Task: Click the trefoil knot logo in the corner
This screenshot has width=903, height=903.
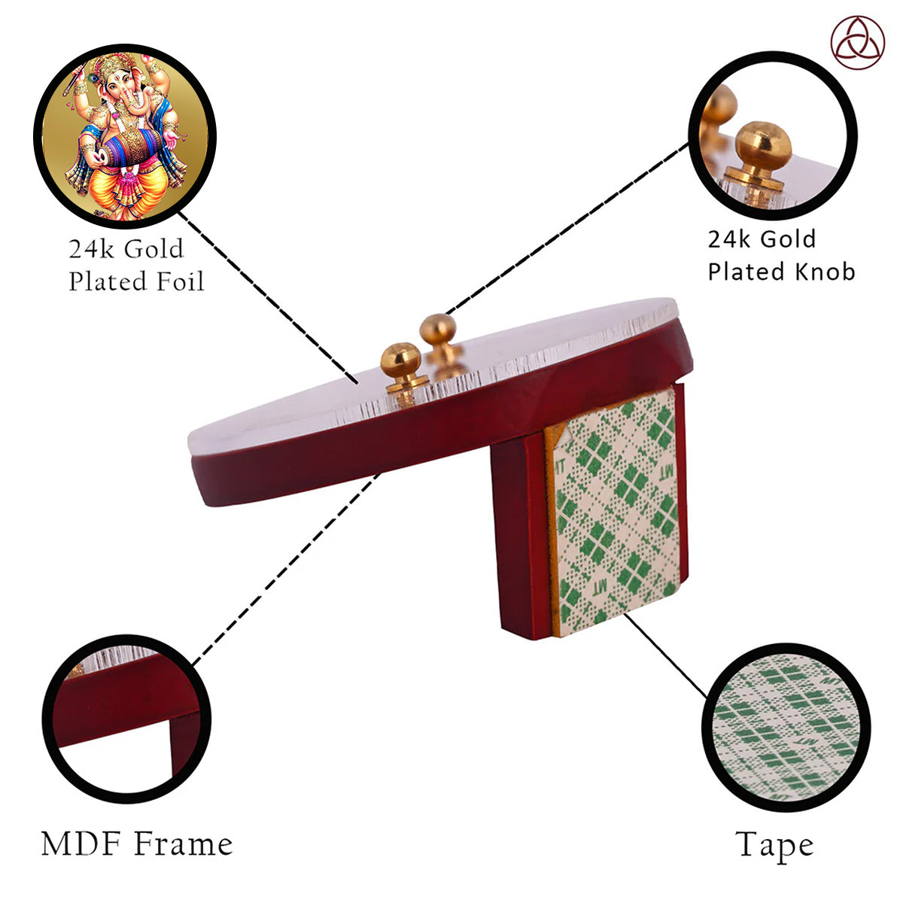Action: coord(858,43)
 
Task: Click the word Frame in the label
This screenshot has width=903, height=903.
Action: coord(184,844)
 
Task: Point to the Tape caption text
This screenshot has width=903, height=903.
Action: coord(774,847)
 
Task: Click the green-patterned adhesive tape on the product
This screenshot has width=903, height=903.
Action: coord(615,511)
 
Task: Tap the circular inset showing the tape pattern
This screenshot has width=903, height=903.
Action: coord(786,727)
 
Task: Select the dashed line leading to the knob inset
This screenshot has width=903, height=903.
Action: coord(567,229)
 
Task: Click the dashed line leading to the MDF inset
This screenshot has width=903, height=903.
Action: coord(286,569)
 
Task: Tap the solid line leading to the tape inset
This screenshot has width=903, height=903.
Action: coord(665,655)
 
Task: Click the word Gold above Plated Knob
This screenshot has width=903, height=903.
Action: coord(787,239)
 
